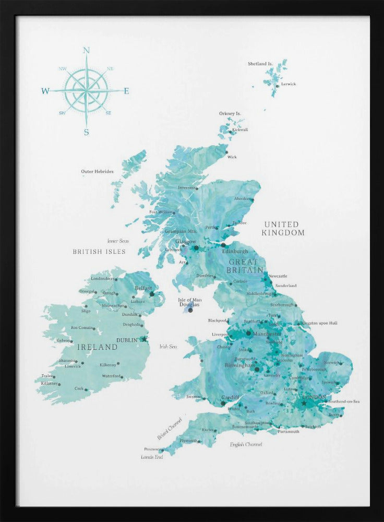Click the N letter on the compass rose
[87, 51]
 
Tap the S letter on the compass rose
[87, 133]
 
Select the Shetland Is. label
[260, 64]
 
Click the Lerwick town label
[288, 84]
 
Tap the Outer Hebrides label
[97, 171]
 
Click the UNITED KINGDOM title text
[283, 229]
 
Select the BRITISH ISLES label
[99, 252]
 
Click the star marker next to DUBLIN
[145, 339]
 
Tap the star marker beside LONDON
[304, 403]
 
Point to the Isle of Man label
[189, 300]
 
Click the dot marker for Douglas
[190, 311]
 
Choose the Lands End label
[152, 457]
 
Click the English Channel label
[246, 444]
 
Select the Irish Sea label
[168, 346]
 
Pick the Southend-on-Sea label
[343, 401]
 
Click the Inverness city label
[186, 187]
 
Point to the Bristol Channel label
[170, 429]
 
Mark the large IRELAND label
[97, 347]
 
